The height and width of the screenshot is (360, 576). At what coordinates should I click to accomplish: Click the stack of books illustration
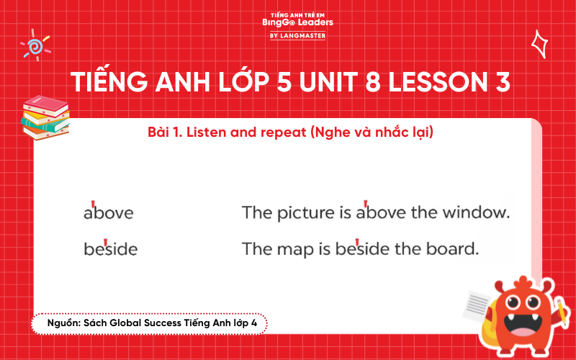click(x=45, y=117)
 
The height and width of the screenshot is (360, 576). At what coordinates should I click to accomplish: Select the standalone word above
click(x=108, y=213)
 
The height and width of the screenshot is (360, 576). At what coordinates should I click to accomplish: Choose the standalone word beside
click(x=110, y=249)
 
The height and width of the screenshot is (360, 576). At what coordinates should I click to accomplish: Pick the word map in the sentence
click(x=294, y=249)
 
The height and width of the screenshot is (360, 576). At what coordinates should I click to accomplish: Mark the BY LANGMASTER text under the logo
click(x=297, y=35)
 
